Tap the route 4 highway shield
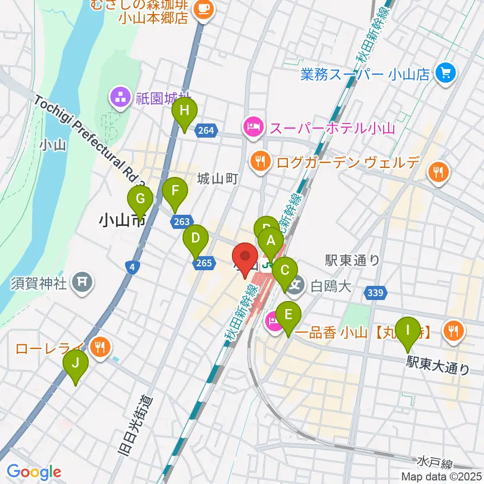pos(131,268)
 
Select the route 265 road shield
pos(204,263)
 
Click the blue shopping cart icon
pos(446,74)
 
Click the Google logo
pos(34,472)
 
